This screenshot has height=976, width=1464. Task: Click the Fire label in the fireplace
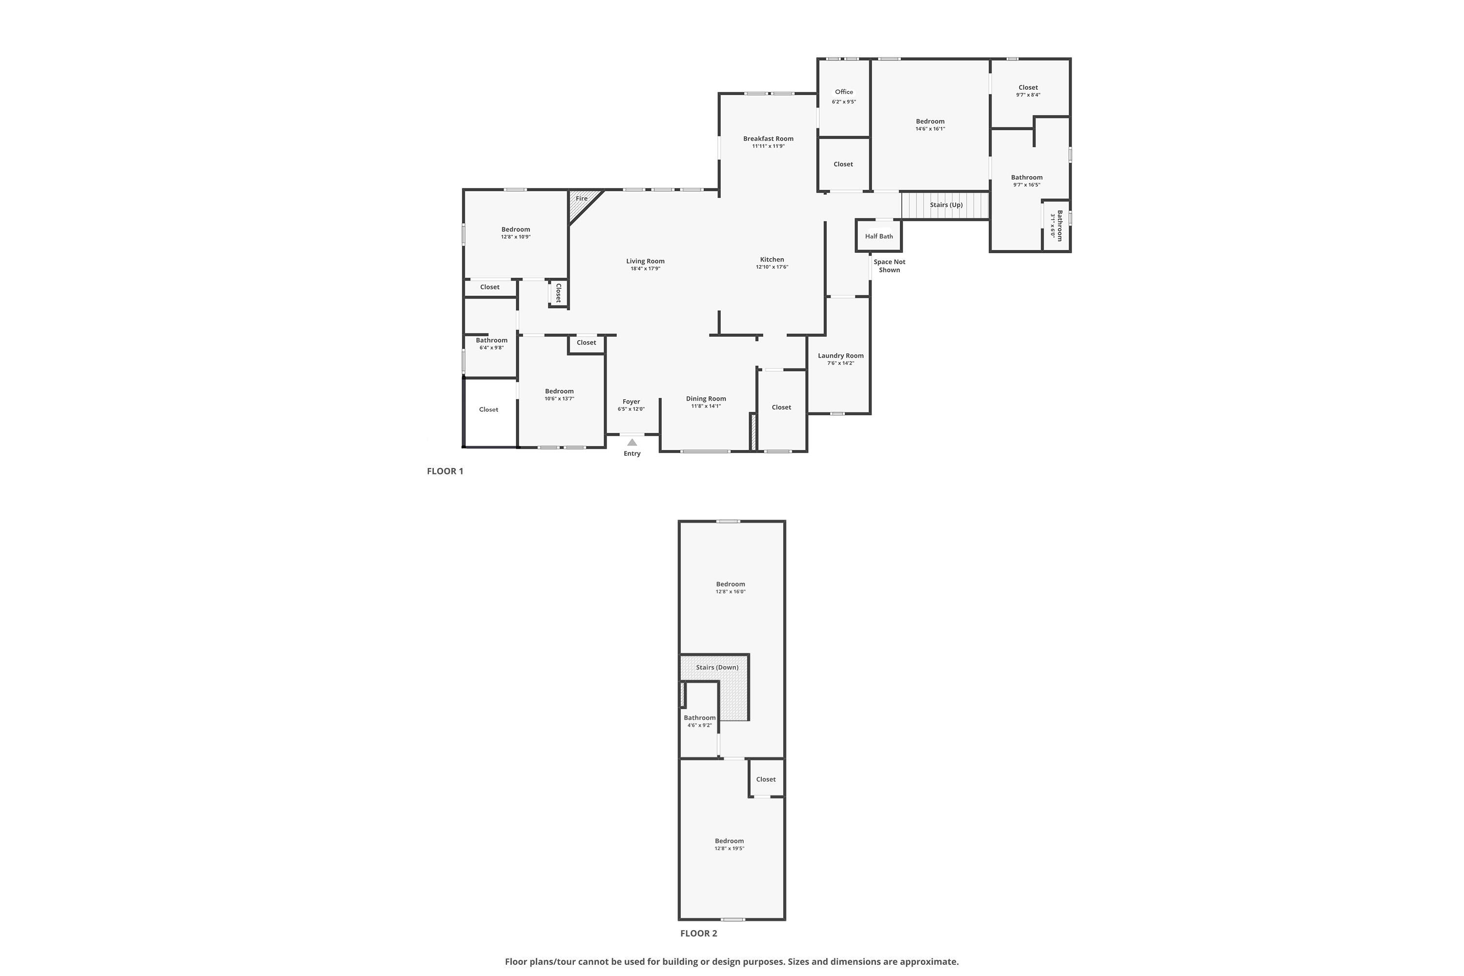tap(581, 199)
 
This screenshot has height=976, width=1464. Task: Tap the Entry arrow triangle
tap(632, 443)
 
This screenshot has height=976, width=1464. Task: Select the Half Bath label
tap(879, 237)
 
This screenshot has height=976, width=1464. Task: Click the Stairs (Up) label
tap(946, 205)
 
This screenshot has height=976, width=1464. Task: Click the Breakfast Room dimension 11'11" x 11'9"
tap(768, 146)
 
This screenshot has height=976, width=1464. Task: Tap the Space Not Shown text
tap(889, 266)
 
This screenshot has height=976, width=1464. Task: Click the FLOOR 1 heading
tap(445, 471)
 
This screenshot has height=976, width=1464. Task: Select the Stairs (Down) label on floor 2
tap(717, 667)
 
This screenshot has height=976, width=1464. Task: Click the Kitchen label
tap(772, 260)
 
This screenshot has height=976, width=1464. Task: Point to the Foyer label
tap(631, 402)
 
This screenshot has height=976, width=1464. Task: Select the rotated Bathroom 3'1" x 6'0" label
tap(1057, 225)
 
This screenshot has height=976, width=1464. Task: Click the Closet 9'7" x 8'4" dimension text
tap(1028, 95)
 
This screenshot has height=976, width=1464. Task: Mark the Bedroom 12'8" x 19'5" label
tap(729, 841)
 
